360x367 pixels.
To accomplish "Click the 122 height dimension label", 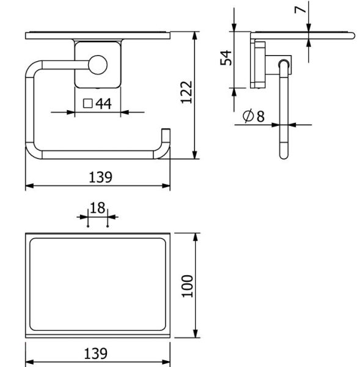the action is click(186, 92).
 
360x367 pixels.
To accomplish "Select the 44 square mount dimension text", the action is click(104, 104).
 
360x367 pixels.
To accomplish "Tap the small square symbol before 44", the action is click(88, 103).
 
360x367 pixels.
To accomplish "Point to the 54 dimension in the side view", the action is click(226, 57).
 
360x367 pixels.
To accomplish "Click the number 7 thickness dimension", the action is click(300, 10).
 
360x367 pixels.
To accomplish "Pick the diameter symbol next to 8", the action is click(248, 116).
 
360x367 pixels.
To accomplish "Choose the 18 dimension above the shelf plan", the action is click(98, 208).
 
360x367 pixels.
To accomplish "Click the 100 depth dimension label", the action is click(188, 286).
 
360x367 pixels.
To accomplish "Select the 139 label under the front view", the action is click(101, 177).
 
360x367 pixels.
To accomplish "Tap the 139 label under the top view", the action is click(96, 354).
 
